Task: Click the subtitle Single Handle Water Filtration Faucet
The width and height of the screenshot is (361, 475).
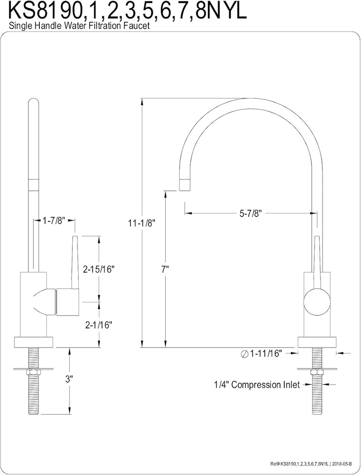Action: tap(79, 26)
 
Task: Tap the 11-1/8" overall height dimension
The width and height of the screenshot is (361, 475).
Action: tap(142, 223)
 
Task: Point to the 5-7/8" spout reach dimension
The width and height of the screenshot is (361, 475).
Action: tap(251, 214)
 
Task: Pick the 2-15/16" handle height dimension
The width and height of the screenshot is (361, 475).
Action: tap(98, 269)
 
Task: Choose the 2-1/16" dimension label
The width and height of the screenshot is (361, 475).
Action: tap(98, 325)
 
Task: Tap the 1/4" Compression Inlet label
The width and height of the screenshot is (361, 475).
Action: tap(256, 385)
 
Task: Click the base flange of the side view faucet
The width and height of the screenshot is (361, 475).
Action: tap(317, 342)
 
